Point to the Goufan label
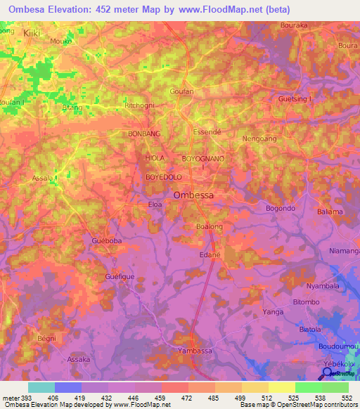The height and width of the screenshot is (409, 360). pos(181,91)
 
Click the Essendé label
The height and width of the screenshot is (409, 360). pos(207,131)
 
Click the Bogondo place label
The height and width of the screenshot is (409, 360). pos(281,209)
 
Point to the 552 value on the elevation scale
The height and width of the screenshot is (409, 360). pos(347,398)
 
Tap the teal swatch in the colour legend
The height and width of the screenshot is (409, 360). pos(41,387)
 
